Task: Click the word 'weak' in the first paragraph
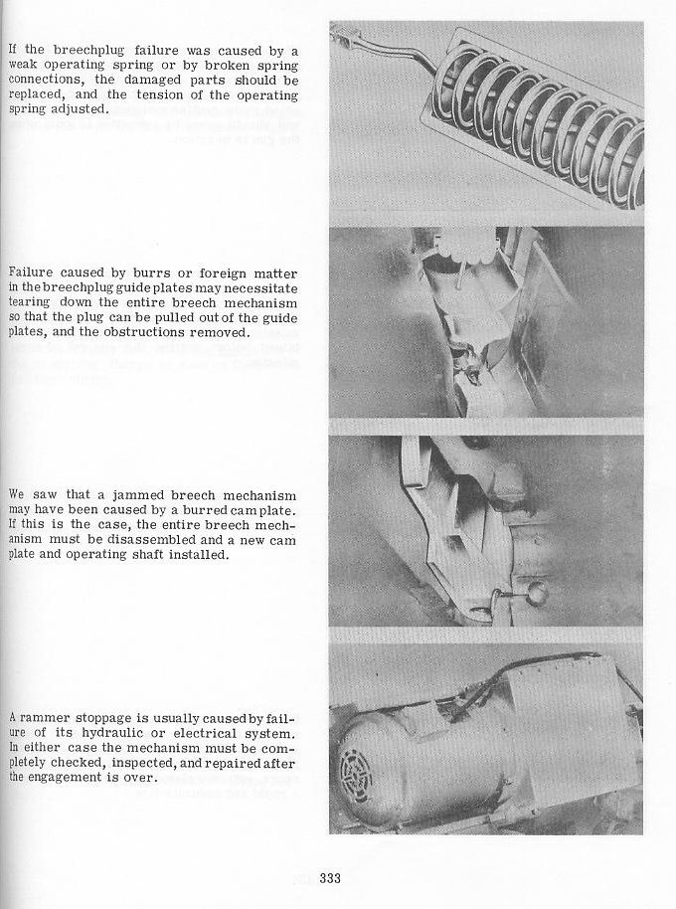24,66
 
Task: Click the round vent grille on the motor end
358,776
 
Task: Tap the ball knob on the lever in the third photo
539,593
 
